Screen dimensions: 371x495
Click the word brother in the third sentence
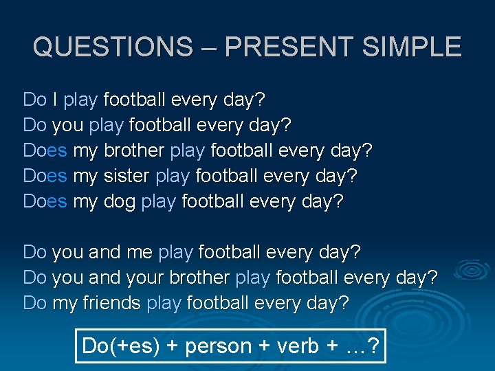coord(133,150)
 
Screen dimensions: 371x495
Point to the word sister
coord(127,176)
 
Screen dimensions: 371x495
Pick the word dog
coord(120,202)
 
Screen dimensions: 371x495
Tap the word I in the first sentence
coord(54,100)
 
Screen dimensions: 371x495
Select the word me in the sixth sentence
coord(140,253)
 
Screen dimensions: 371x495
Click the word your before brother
coord(147,278)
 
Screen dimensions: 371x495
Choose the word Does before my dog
coord(45,201)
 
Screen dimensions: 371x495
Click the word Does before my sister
coord(45,176)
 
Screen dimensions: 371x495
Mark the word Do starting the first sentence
coord(34,100)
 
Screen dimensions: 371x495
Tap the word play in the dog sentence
coord(159,202)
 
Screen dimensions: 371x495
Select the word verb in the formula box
coord(298,346)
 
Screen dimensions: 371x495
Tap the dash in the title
coord(209,47)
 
